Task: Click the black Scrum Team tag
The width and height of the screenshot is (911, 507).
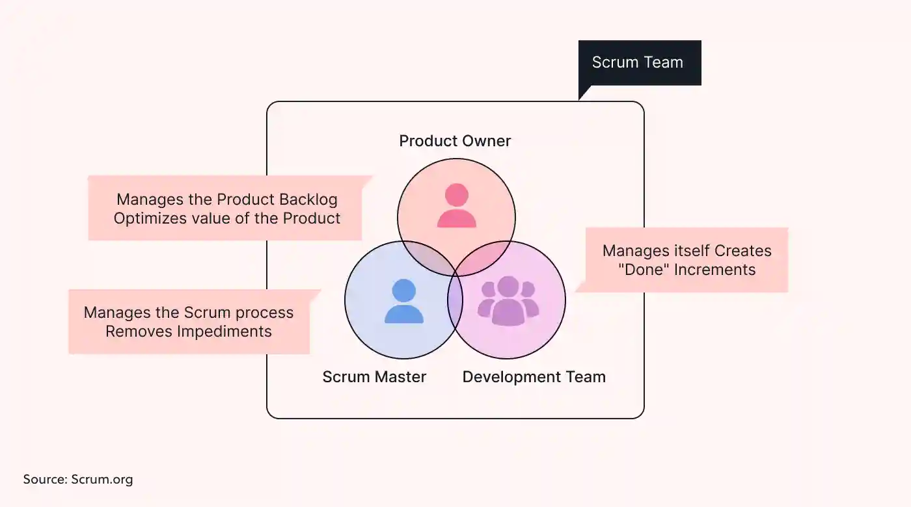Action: click(x=637, y=63)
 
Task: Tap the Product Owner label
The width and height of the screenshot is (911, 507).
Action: click(x=455, y=141)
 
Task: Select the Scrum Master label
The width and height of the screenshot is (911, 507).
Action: click(x=374, y=377)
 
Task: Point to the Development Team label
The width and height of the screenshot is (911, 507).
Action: click(x=534, y=377)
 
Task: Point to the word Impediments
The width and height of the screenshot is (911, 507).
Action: click(x=227, y=331)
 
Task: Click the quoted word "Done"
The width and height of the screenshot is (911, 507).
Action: click(x=644, y=270)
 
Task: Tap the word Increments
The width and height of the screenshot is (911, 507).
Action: click(x=714, y=270)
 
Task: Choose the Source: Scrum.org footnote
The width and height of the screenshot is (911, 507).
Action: click(x=78, y=480)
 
